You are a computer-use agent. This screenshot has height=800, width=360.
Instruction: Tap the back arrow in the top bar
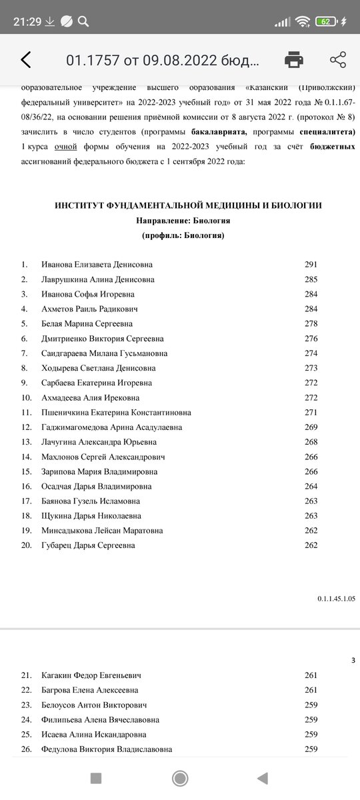point(25,60)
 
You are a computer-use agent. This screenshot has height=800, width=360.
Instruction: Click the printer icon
point(294,60)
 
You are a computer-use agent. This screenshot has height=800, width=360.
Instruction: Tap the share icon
point(337,60)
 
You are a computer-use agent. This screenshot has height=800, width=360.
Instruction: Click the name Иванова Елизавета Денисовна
point(97,265)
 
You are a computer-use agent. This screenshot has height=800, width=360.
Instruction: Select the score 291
point(311,265)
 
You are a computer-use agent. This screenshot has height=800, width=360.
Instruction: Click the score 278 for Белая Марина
point(311,324)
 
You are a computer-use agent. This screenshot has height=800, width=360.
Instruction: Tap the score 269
point(311,427)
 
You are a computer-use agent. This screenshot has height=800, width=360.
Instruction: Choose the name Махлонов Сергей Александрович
point(103,457)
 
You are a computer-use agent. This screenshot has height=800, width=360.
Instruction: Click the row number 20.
point(27,545)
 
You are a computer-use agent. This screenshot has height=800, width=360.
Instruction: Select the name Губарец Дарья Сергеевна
point(88,545)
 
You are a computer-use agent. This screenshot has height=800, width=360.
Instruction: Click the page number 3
point(353,661)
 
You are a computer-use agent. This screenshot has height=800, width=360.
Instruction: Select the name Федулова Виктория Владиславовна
point(107,749)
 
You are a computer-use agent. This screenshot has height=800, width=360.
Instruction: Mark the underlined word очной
point(66,146)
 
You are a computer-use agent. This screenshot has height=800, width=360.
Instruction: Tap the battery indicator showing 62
point(326,21)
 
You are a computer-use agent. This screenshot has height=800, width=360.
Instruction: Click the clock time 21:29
point(27,21)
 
